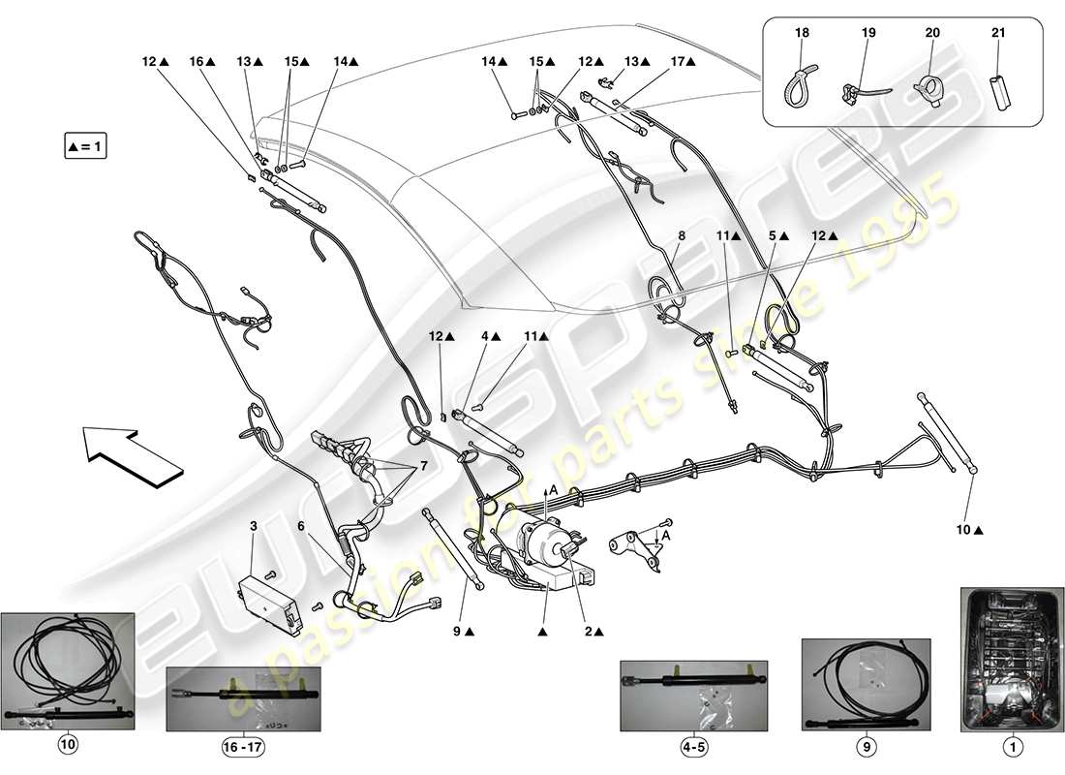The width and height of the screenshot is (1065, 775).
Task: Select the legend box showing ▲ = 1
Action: [x=85, y=147]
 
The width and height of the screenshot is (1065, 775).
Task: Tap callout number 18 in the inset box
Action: [x=803, y=33]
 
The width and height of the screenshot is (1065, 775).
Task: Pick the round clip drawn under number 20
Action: [x=928, y=93]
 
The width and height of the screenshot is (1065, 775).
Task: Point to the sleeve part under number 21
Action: [x=999, y=91]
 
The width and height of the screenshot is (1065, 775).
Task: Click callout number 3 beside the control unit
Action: [x=254, y=526]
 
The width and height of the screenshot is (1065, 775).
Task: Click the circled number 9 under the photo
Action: [x=866, y=748]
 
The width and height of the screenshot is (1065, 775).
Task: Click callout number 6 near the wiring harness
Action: [x=301, y=526]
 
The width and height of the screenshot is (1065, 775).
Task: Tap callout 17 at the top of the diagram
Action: [x=679, y=61]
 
